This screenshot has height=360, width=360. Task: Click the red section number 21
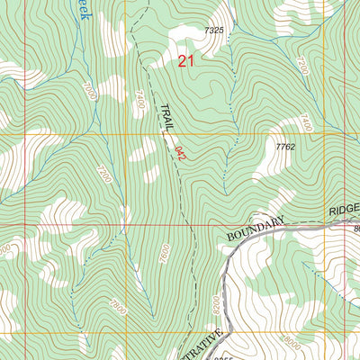click(185, 61)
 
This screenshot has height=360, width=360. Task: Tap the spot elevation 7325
click(214, 31)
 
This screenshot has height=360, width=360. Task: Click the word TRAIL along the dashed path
click(166, 118)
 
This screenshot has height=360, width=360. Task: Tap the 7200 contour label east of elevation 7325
click(301, 66)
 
